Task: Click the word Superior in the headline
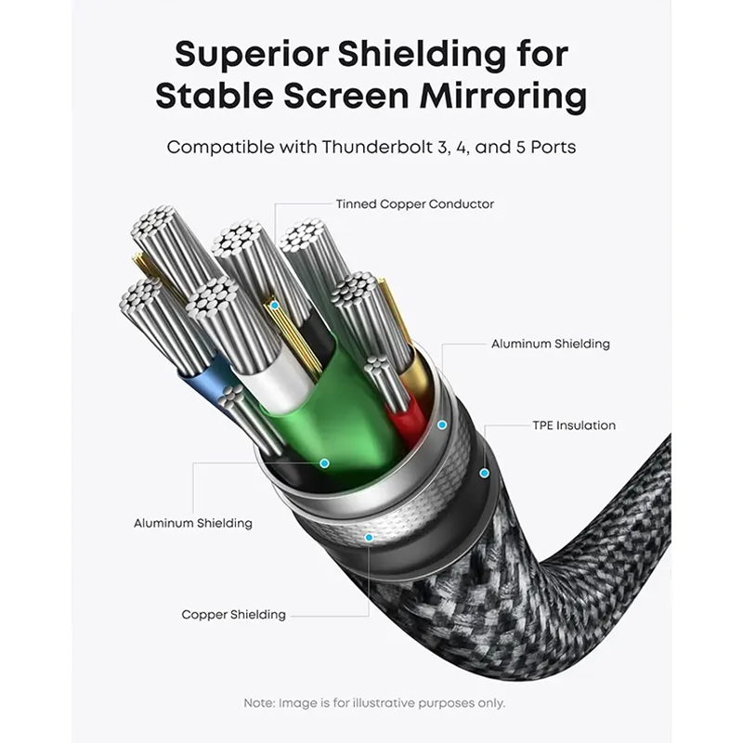click(252, 55)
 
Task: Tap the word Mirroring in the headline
click(503, 97)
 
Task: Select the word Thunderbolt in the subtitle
click(377, 147)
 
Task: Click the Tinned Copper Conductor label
click(414, 204)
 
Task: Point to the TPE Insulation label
click(574, 425)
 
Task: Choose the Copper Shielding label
click(234, 615)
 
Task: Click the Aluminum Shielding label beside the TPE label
click(550, 344)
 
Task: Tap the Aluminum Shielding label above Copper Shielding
click(193, 523)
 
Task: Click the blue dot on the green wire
click(324, 463)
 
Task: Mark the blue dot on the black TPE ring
click(484, 473)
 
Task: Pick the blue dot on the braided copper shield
click(369, 538)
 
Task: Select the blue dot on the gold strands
click(274, 306)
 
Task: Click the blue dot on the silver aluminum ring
click(442, 425)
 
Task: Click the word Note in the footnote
click(259, 703)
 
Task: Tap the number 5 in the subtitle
click(521, 148)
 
